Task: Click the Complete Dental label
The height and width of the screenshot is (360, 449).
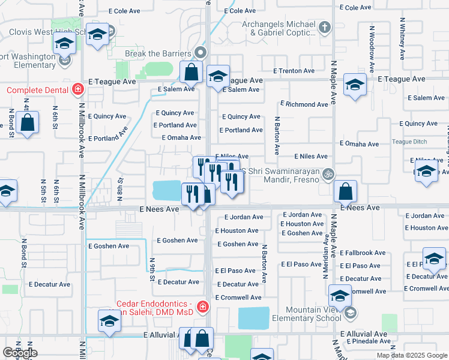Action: tap(38, 91)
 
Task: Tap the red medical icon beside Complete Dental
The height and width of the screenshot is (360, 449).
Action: tap(77, 91)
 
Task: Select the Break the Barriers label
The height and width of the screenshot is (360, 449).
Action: tap(158, 53)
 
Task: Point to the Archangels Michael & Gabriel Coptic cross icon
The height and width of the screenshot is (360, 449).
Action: tap(325, 26)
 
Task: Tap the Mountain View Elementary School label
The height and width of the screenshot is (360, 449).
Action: tap(304, 314)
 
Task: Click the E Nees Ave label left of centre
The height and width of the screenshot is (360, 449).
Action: tap(159, 209)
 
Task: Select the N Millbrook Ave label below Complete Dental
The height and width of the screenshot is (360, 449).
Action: tap(81, 156)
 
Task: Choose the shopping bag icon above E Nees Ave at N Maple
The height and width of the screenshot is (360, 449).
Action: tap(345, 193)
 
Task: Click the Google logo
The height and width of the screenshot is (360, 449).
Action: tap(20, 353)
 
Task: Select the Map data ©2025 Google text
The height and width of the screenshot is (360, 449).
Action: tap(412, 355)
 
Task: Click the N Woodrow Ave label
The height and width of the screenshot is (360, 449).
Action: tap(372, 41)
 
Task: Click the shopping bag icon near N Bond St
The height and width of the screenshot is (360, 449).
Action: tap(28, 123)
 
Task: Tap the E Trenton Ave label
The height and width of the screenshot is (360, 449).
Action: tap(294, 71)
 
